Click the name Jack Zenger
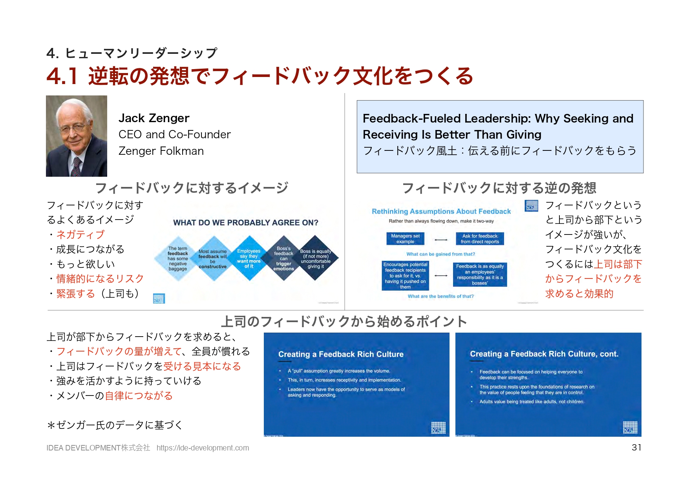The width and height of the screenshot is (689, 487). [154, 118]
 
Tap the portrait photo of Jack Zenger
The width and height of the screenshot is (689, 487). [77, 136]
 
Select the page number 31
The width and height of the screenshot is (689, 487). [636, 447]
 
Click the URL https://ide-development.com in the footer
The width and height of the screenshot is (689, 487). [203, 448]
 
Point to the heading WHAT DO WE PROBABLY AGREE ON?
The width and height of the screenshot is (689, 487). [246, 223]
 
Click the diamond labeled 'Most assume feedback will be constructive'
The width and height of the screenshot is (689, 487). [213, 259]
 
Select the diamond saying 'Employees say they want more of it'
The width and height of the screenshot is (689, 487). [249, 258]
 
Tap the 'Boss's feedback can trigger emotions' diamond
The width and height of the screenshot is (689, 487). [283, 258]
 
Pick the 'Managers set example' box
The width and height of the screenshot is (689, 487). [405, 239]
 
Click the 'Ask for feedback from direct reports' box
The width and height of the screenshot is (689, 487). [480, 239]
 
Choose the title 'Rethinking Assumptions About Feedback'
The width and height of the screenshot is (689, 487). [441, 211]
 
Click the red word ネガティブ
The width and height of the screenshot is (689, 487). [80, 234]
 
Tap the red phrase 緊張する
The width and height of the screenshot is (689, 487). [76, 293]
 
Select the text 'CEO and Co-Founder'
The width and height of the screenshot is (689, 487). [175, 134]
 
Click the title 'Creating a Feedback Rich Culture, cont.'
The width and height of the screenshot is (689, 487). [544, 354]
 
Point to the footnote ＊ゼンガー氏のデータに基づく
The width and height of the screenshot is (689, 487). [115, 425]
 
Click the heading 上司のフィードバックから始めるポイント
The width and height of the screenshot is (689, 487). [344, 322]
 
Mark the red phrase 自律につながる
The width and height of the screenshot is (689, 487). [139, 395]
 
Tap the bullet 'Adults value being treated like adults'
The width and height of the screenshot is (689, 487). [532, 402]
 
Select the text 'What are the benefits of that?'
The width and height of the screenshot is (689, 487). [440, 297]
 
